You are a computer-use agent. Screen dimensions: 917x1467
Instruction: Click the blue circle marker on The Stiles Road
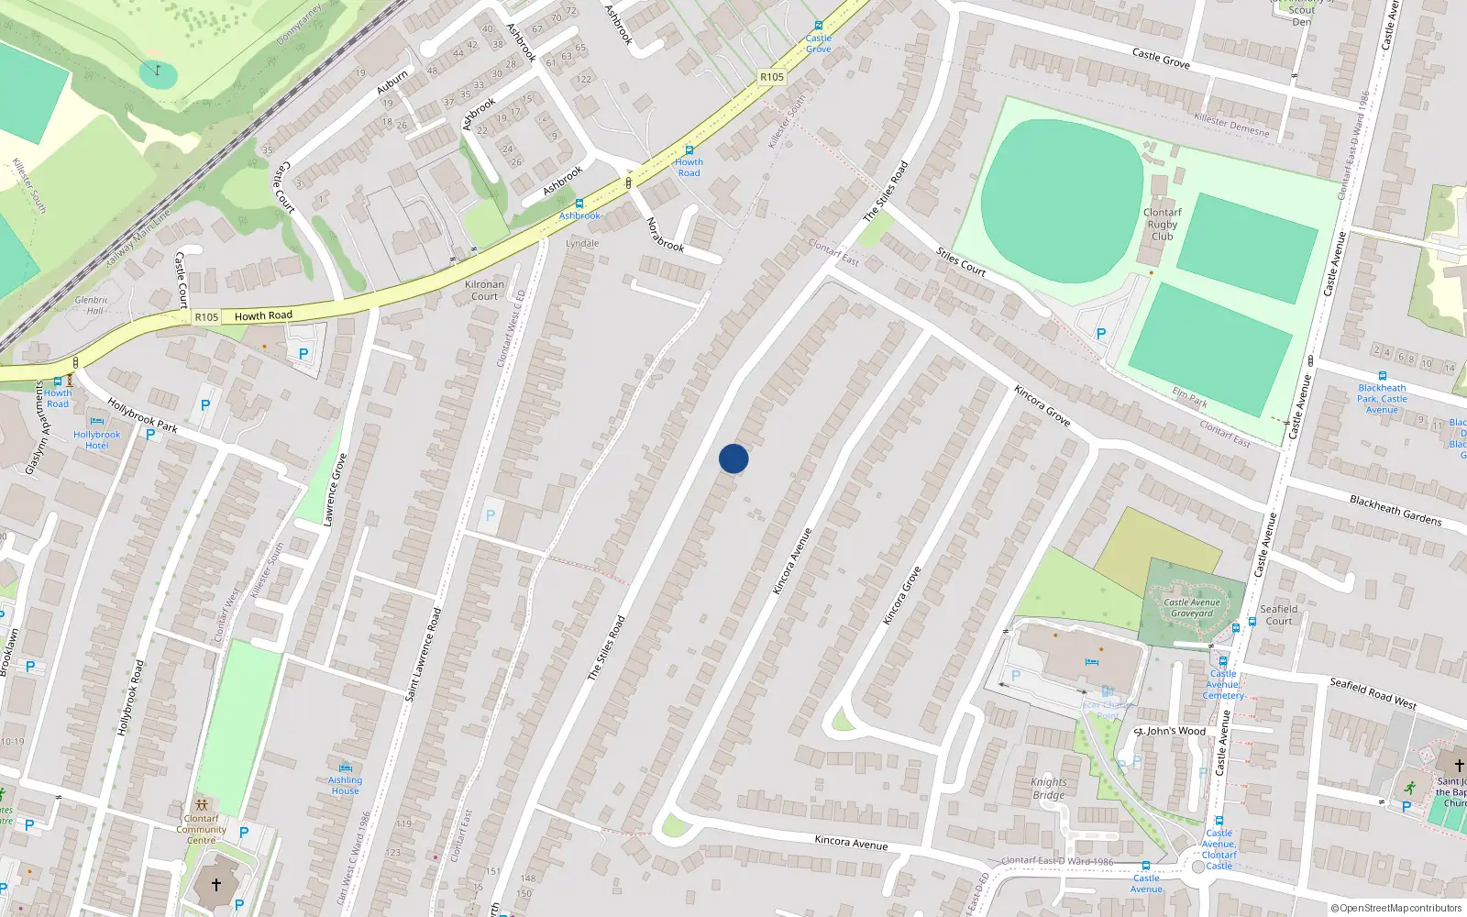(733, 458)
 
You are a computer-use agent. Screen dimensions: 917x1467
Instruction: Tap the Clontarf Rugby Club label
(1162, 224)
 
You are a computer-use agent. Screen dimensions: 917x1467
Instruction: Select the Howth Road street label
(263, 315)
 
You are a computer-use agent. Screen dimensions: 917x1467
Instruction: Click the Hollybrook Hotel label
(96, 439)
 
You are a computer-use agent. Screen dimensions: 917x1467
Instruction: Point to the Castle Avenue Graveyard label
(1192, 608)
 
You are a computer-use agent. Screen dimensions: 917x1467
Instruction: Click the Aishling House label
(346, 785)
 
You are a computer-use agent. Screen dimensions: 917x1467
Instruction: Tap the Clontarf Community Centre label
(202, 829)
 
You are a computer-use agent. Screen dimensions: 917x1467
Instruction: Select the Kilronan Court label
(484, 290)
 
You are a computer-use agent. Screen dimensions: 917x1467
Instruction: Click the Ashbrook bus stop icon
(579, 204)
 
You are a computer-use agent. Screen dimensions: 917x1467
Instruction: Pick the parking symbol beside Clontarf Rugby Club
(1100, 335)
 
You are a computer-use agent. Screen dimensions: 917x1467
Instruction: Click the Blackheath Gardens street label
(1395, 510)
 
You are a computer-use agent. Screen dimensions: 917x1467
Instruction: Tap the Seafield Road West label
(1373, 693)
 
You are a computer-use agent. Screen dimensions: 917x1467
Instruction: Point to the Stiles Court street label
(960, 261)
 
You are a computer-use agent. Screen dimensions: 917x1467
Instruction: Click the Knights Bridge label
(1048, 789)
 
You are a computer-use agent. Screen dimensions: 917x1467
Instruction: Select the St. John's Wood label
(1171, 731)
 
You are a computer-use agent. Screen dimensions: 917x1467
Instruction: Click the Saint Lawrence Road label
(423, 655)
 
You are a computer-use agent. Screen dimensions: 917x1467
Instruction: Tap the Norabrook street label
(665, 235)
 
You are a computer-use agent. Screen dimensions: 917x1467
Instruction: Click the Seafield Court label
(1278, 614)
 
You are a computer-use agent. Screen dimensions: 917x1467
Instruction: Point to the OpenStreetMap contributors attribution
(1396, 908)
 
